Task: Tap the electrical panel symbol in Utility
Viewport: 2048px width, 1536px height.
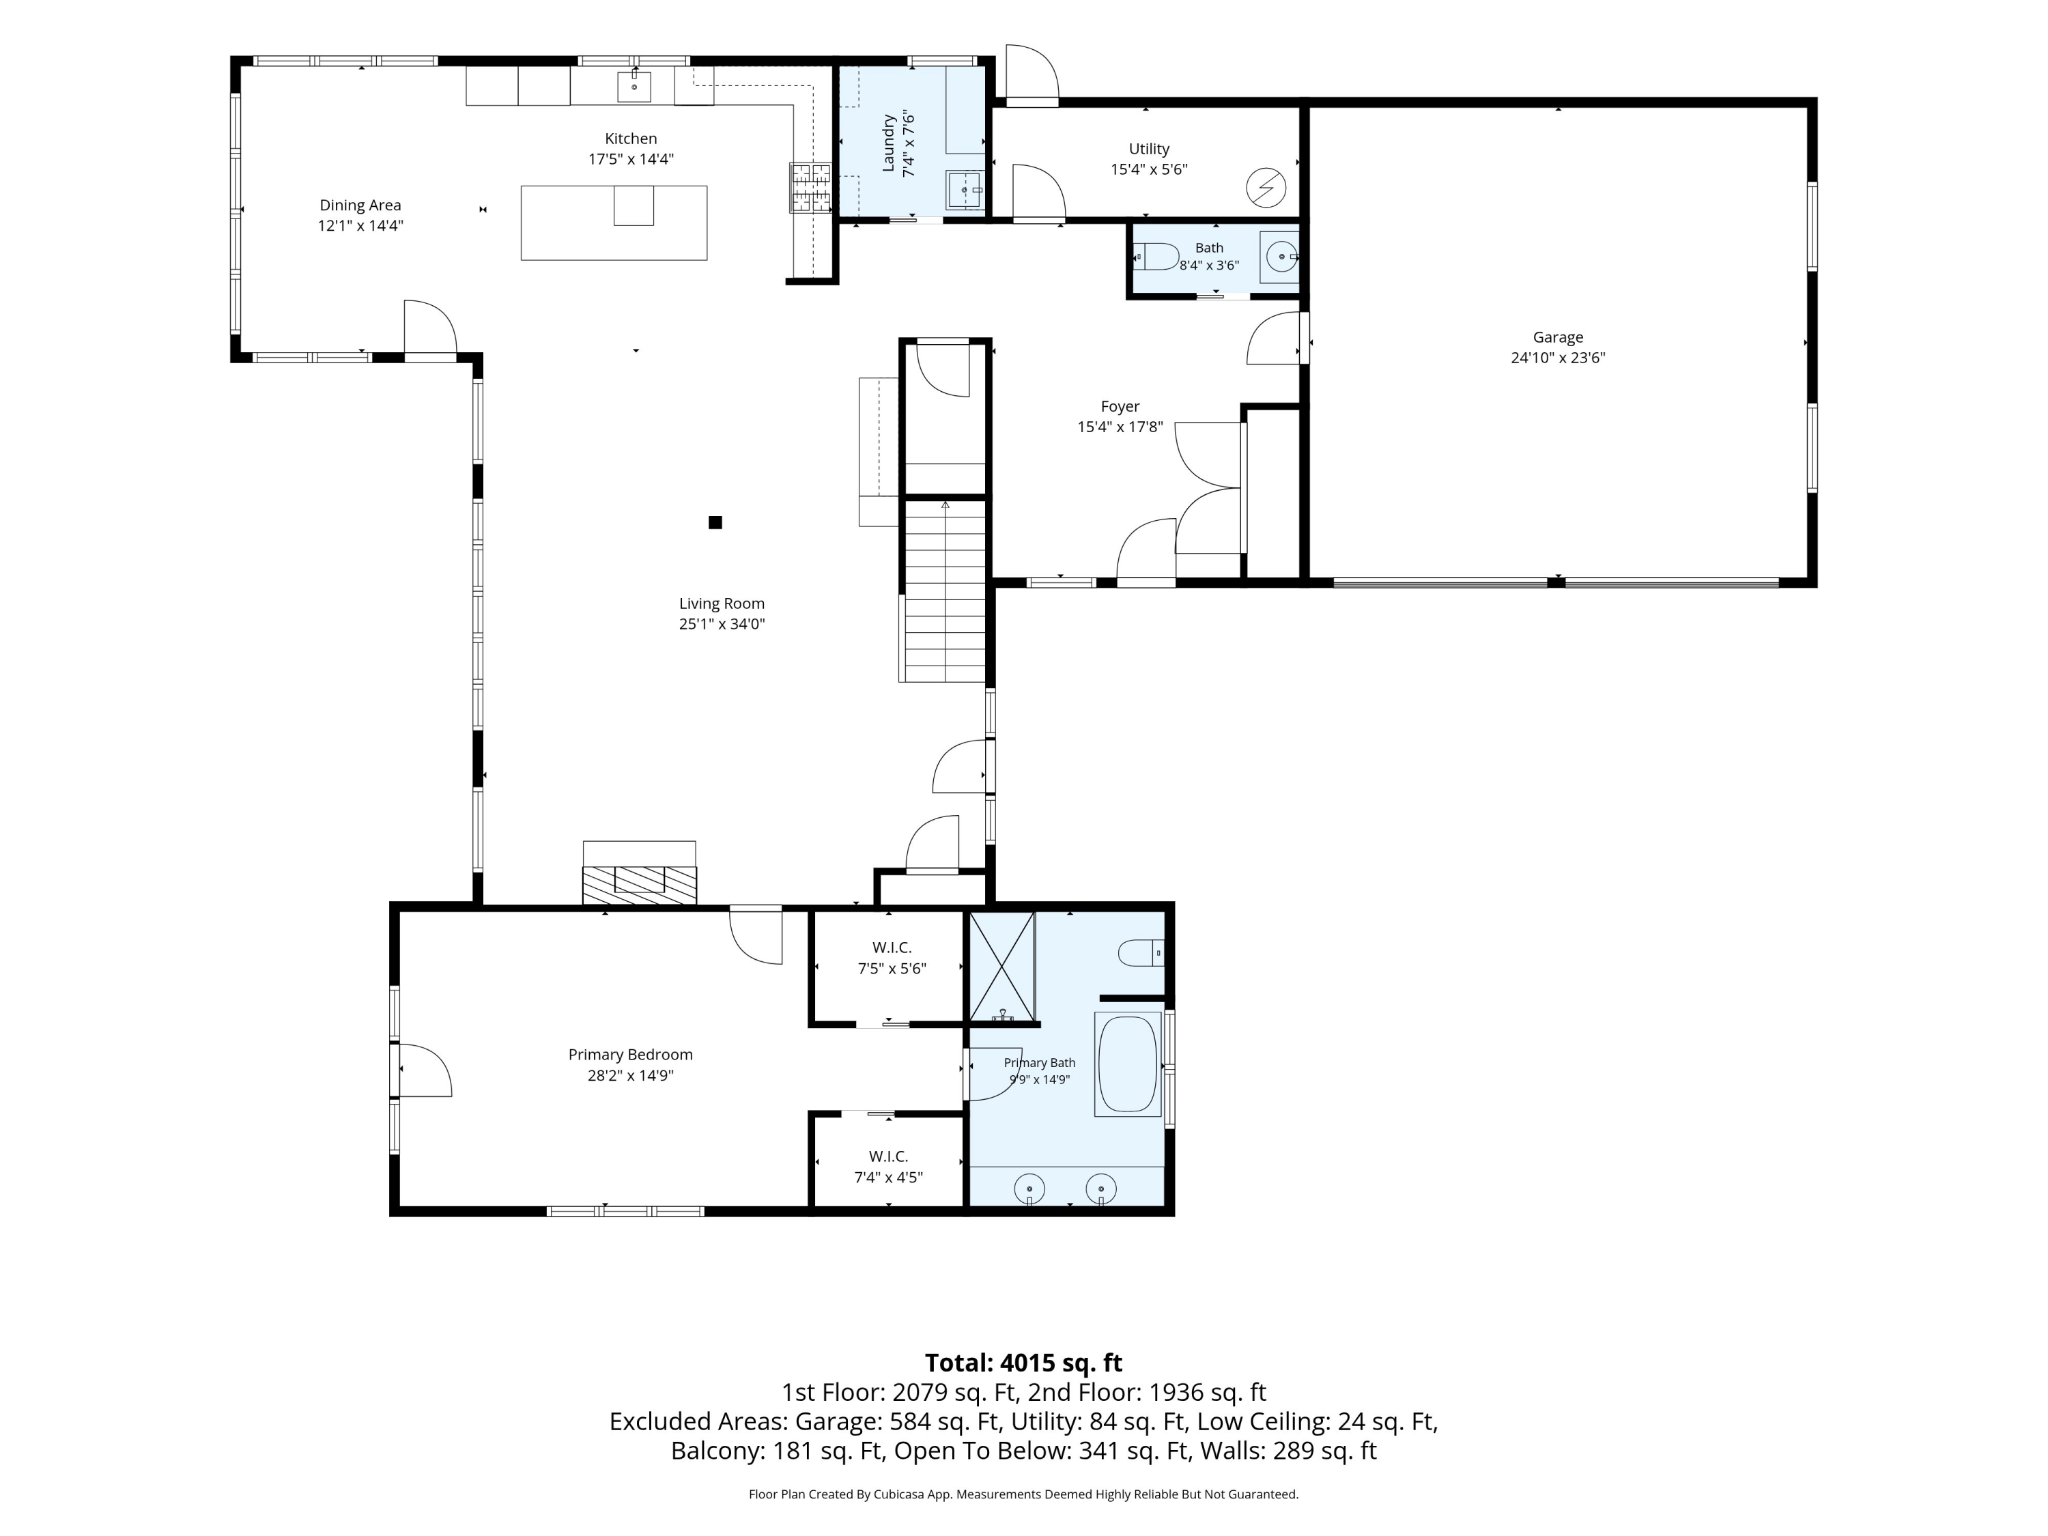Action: point(1266,188)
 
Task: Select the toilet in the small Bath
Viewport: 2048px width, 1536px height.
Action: point(1156,255)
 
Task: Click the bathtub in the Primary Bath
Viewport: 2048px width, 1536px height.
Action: point(1128,1064)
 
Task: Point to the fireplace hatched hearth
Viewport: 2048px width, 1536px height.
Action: point(639,884)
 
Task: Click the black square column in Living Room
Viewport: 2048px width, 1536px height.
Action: point(715,522)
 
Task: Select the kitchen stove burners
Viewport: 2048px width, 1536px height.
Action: point(810,188)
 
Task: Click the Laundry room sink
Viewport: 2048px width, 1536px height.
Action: point(965,190)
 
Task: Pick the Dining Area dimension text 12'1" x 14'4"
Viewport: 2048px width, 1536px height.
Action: point(360,226)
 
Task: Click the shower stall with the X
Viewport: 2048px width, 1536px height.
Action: point(1001,967)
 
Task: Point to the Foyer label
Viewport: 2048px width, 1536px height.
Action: point(1120,406)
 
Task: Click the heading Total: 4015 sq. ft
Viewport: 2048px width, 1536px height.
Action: point(1023,1363)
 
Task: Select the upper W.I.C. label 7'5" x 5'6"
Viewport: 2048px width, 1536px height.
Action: point(892,969)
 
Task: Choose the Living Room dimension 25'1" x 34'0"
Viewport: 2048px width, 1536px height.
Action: point(722,624)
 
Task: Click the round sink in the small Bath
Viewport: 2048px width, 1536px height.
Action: point(1281,255)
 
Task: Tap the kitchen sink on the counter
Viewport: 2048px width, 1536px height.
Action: point(634,87)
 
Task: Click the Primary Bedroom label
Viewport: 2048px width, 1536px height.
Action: point(631,1055)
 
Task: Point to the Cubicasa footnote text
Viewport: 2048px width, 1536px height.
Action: point(1023,1494)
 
